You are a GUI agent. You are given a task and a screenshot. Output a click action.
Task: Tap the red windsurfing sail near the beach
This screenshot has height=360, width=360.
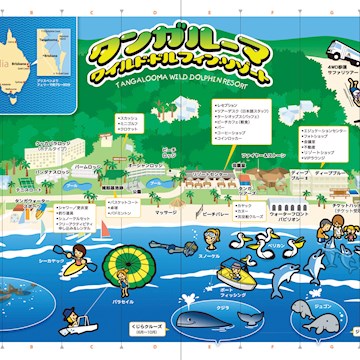point(102,228)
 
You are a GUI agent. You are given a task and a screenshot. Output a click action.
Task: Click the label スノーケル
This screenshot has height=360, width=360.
point(208,256)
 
